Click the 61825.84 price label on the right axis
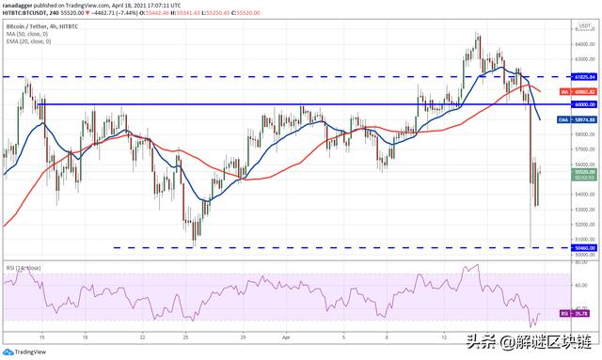click(x=584, y=76)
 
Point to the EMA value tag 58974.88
click(x=584, y=119)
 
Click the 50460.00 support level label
click(x=584, y=248)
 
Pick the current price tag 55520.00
click(x=584, y=173)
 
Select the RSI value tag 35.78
click(x=584, y=311)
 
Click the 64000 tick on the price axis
click(x=584, y=44)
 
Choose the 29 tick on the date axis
click(x=244, y=335)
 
